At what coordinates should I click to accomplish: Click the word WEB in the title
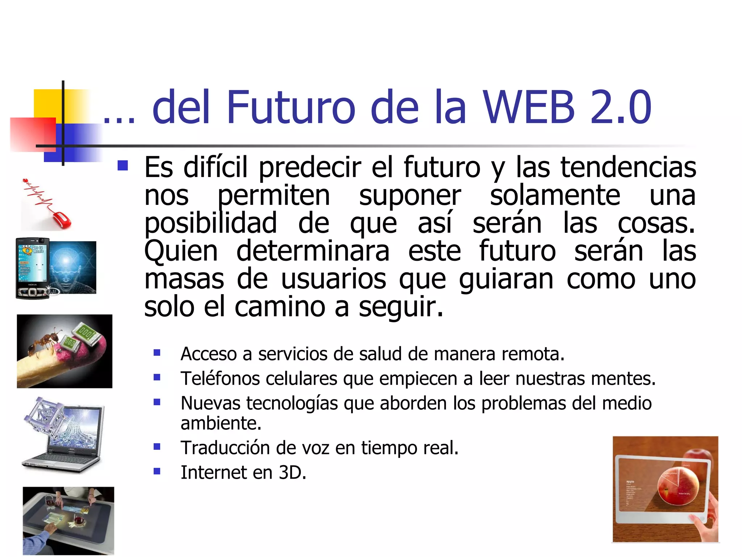click(x=529, y=107)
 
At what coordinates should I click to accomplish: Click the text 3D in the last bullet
click(x=292, y=473)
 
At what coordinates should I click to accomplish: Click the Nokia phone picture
click(x=33, y=268)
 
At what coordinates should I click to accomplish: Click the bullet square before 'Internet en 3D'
click(x=157, y=471)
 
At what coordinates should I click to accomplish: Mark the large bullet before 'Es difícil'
click(x=123, y=166)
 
